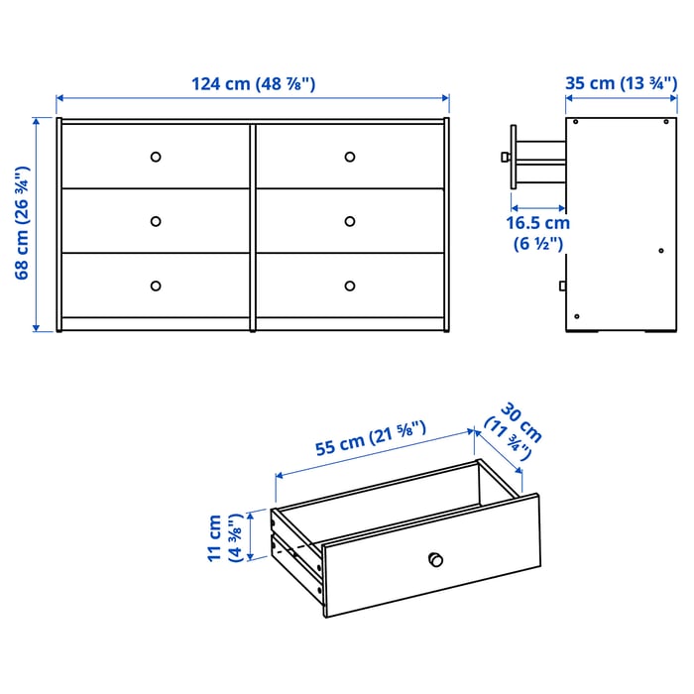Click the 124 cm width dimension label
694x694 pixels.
click(253, 84)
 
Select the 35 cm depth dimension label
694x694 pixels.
click(621, 83)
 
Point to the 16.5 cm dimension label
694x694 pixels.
click(538, 234)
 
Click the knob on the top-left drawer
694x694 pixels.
click(155, 156)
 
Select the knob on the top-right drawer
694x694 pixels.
click(350, 156)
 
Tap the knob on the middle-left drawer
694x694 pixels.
click(155, 221)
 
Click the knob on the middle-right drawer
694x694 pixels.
click(350, 221)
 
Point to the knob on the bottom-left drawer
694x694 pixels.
click(155, 286)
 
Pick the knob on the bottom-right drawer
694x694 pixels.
click(350, 286)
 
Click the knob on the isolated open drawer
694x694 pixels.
click(433, 558)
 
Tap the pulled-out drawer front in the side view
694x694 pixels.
click(513, 156)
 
